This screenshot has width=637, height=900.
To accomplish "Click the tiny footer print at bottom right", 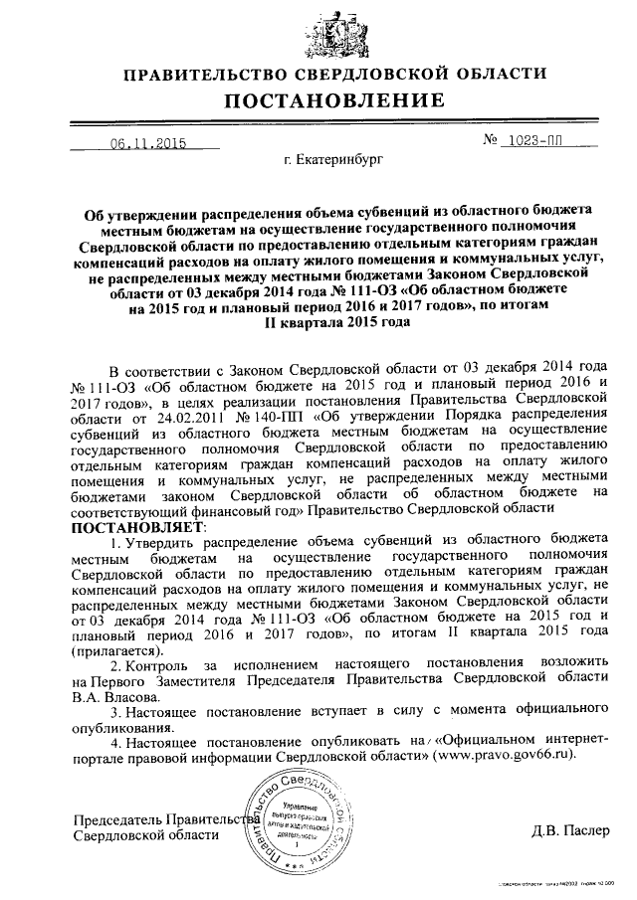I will (557, 881).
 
